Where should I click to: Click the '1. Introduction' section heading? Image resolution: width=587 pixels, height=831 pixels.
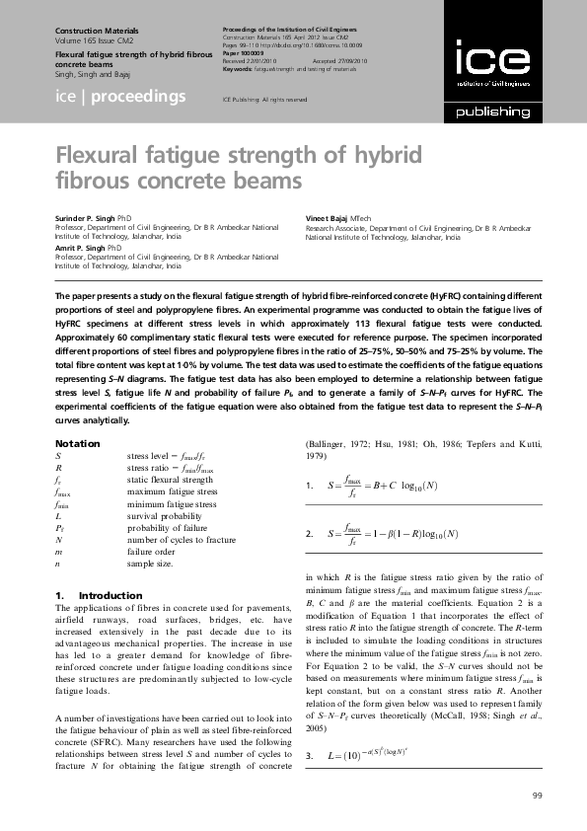(x=86, y=596)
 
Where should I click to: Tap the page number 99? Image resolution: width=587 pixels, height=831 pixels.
(x=537, y=795)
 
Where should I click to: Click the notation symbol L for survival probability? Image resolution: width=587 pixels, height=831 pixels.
(x=58, y=517)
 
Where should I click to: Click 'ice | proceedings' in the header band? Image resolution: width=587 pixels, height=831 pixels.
(x=120, y=96)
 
